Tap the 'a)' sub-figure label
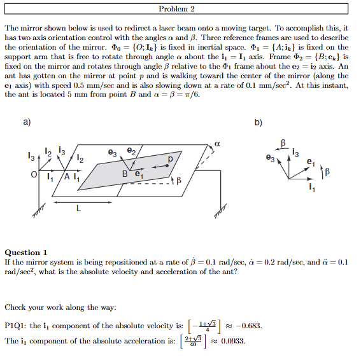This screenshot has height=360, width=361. [26, 123]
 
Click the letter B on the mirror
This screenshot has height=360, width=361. [126, 172]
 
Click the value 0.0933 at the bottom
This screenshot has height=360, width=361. [233, 341]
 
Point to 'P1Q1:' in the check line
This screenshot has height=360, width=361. [17, 326]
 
